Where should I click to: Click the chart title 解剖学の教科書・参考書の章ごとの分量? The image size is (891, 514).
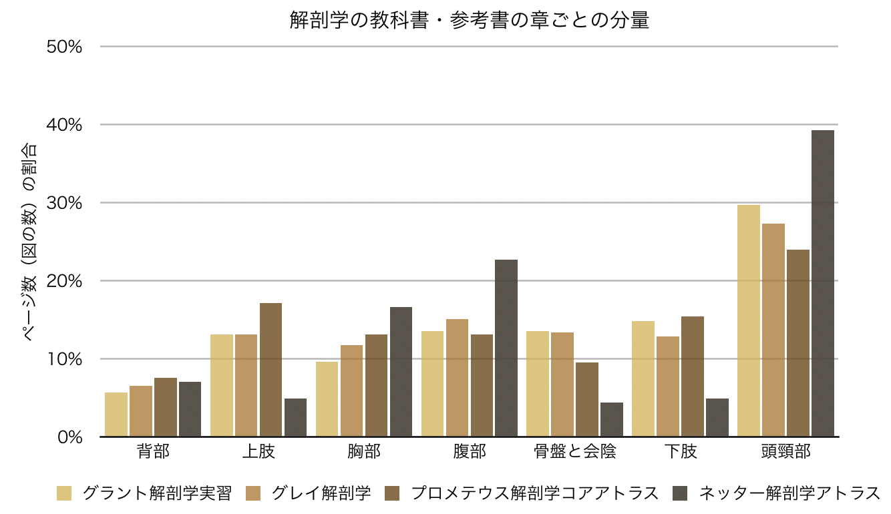(470, 21)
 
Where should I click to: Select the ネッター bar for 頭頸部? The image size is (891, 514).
(823, 284)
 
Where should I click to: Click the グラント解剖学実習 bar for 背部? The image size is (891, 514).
(116, 415)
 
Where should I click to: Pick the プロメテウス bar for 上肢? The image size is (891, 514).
(271, 370)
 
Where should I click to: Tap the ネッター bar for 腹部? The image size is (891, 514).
(506, 348)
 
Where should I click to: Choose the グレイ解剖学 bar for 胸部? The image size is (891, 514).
(351, 391)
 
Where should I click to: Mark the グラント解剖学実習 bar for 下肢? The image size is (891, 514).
(643, 378)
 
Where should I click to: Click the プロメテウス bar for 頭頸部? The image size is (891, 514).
(798, 343)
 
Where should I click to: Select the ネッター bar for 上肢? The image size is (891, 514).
(295, 417)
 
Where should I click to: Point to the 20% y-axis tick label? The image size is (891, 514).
(64, 281)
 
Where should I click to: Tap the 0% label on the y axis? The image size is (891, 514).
(69, 437)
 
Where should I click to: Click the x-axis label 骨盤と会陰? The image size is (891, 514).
(574, 452)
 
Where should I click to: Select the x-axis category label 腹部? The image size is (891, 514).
(470, 452)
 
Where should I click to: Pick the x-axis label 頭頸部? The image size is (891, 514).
(785, 452)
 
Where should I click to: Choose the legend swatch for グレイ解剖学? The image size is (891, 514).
(254, 494)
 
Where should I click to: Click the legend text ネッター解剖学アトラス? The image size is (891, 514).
(790, 494)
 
